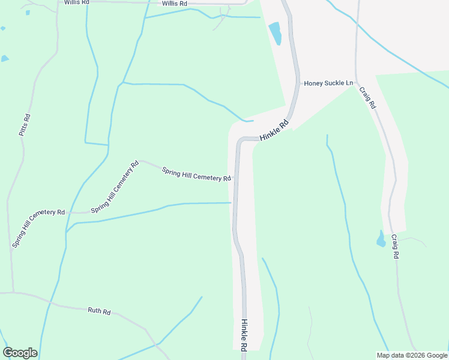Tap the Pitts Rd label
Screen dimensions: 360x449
tap(25, 125)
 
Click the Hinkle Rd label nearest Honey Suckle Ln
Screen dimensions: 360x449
tap(274, 130)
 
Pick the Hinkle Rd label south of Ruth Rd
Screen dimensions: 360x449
tap(244, 335)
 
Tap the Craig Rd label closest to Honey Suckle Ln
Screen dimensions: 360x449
tap(367, 97)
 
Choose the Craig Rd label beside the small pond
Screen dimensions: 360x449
tap(395, 246)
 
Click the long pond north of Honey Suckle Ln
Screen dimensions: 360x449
tap(276, 33)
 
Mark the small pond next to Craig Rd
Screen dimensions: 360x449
tap(381, 239)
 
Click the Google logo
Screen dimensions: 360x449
tap(20, 353)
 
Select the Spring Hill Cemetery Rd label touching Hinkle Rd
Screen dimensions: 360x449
tap(197, 174)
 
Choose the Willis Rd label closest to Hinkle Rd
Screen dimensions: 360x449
tap(175, 4)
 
